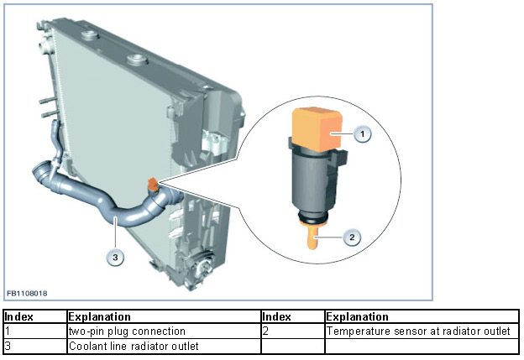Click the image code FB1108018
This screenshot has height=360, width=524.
click(28, 293)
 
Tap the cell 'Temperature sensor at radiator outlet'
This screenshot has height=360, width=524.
click(418, 331)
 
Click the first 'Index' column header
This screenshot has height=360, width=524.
click(19, 317)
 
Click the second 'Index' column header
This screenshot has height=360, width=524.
click(277, 317)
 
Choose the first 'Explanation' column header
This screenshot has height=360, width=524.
click(99, 317)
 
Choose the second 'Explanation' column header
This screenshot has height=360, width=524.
click(357, 317)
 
